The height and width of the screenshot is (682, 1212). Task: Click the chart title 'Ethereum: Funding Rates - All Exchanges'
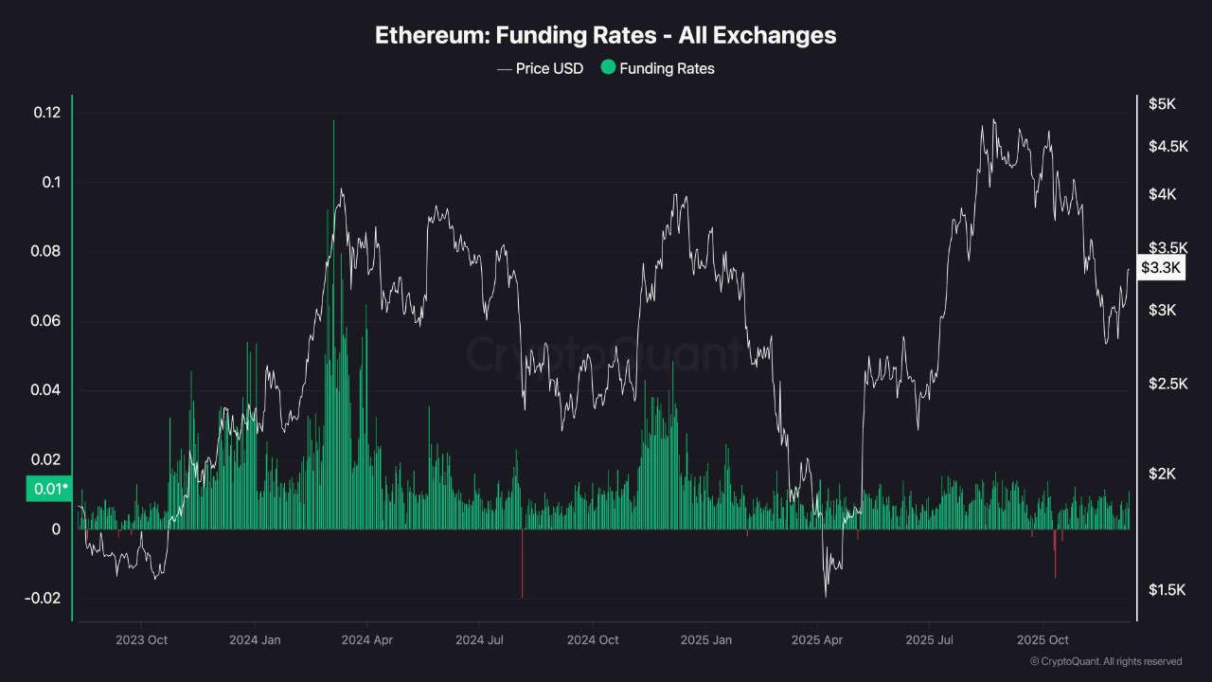(x=605, y=36)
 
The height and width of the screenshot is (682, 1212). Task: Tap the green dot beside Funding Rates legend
(x=608, y=67)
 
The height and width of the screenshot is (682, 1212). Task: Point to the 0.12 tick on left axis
(x=46, y=113)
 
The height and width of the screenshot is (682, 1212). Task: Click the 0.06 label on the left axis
(x=46, y=321)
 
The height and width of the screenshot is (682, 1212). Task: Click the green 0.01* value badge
(x=48, y=489)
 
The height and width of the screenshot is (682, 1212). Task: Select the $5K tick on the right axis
(x=1162, y=104)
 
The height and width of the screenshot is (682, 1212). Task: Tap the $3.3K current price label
(x=1161, y=268)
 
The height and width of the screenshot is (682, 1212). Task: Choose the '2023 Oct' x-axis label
(x=141, y=640)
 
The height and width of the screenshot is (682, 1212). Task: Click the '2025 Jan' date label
(x=707, y=640)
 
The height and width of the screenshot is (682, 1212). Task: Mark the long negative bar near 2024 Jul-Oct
(x=522, y=564)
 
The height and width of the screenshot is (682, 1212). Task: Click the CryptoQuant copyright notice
(x=1105, y=661)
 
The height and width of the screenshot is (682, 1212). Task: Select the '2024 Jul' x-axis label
(x=481, y=640)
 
